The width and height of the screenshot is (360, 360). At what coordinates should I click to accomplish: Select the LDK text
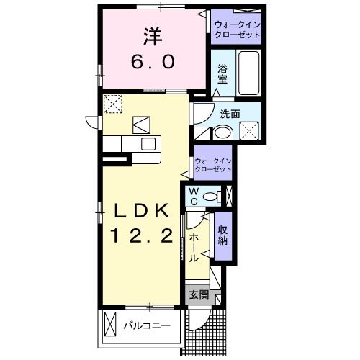coord(140,210)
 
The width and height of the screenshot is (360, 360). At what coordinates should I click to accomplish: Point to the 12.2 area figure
coord(140,235)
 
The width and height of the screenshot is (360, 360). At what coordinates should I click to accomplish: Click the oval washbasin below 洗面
coord(223,132)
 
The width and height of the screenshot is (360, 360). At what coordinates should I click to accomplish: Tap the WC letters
coord(193,196)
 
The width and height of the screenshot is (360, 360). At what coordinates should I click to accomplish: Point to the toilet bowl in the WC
coord(211,195)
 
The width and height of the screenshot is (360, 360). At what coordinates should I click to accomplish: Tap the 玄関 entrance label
coord(198,294)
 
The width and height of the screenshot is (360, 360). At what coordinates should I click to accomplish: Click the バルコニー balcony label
coord(146,326)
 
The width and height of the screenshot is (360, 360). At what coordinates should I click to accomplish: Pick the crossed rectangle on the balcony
coord(109,325)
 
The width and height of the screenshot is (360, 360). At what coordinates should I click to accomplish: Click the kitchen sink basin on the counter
coord(147,144)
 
